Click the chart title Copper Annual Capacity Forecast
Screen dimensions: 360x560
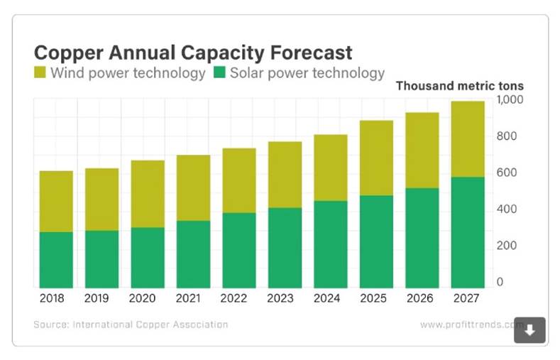[193, 53]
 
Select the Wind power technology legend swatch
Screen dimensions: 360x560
[40, 72]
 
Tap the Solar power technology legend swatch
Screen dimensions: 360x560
[219, 72]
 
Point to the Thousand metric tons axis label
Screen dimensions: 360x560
[459, 86]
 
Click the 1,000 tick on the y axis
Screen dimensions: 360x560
[510, 99]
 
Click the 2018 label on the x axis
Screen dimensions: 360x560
[55, 298]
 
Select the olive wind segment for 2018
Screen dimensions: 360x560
[55, 201]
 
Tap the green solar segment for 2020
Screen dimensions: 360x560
[147, 257]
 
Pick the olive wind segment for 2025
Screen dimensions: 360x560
[376, 158]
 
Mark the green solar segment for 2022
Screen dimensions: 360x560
[238, 250]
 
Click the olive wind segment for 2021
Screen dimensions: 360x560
[193, 187]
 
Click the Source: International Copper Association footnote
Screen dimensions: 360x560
[131, 324]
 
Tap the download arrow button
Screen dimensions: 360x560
[529, 329]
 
